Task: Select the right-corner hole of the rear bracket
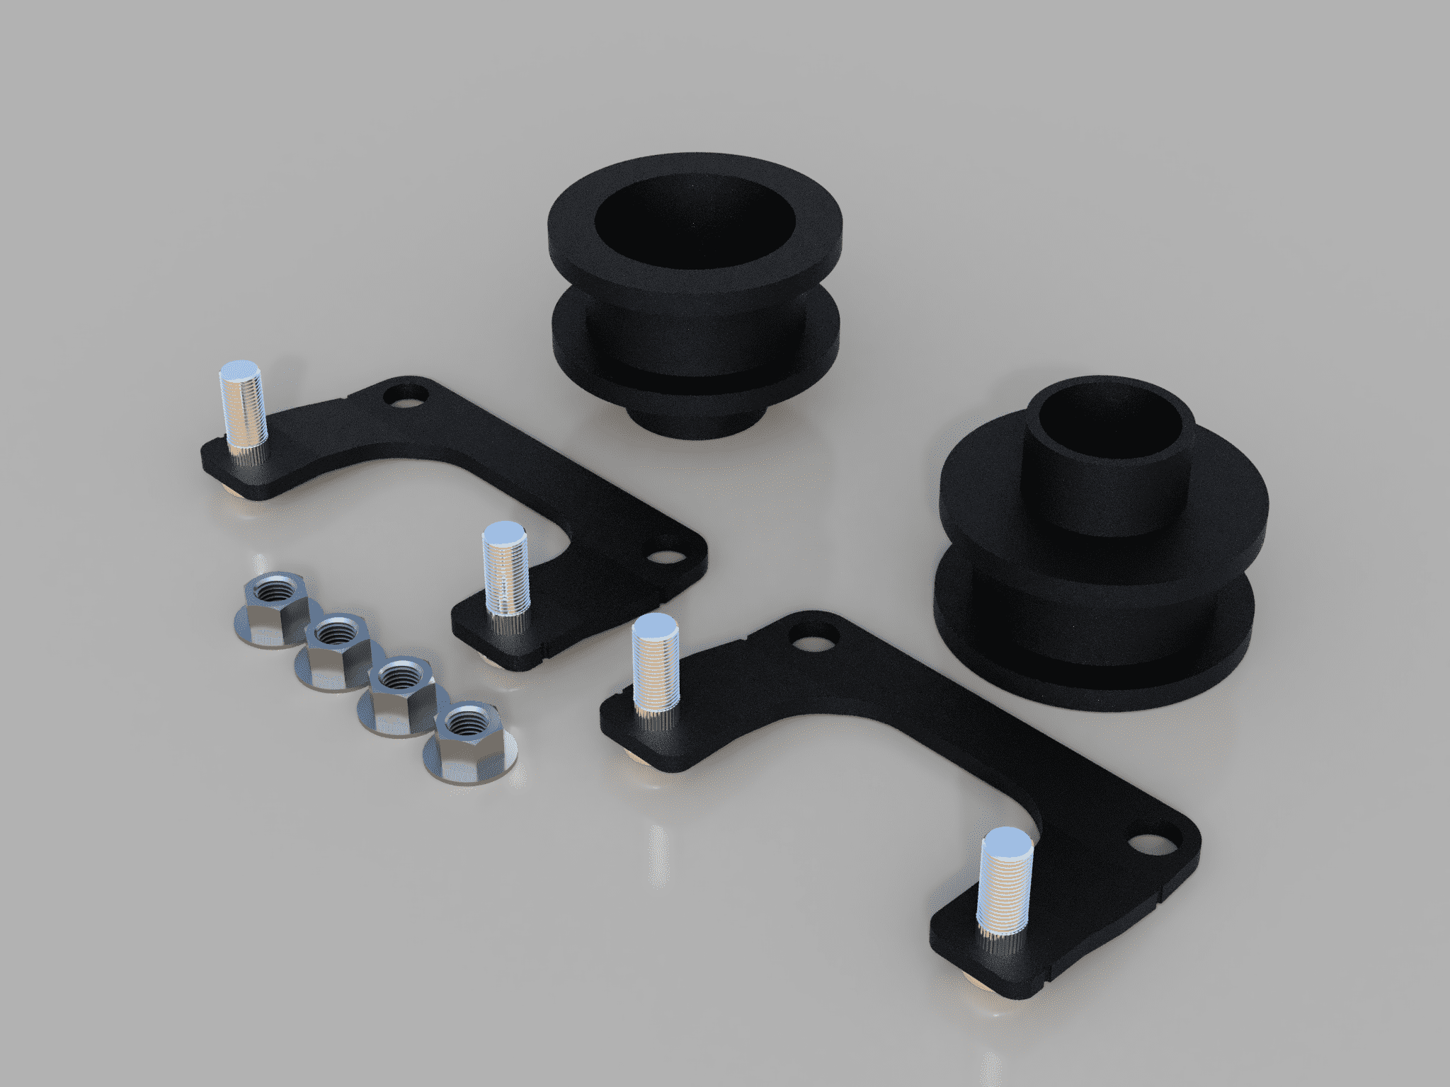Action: pyautogui.click(x=663, y=558)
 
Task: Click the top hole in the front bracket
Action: pyautogui.click(x=813, y=641)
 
